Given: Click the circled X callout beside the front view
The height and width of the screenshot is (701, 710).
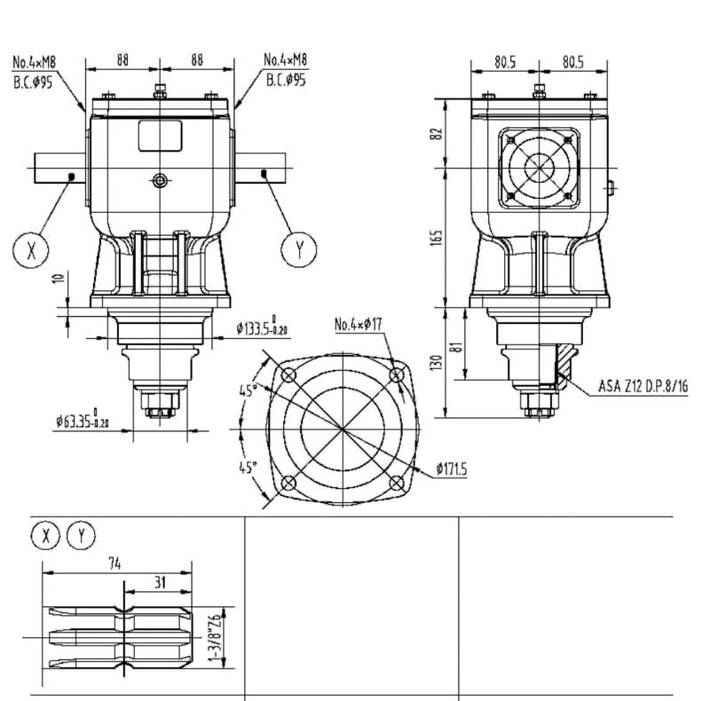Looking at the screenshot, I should pyautogui.click(x=32, y=249).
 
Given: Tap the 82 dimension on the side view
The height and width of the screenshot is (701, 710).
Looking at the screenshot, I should pyautogui.click(x=436, y=133).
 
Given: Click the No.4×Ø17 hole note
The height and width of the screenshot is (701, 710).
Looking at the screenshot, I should pyautogui.click(x=358, y=325).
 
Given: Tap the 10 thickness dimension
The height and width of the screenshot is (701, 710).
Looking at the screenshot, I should pyautogui.click(x=59, y=277).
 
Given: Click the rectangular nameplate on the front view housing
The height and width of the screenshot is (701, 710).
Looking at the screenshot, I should pyautogui.click(x=160, y=137).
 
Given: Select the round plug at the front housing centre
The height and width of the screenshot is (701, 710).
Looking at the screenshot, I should pyautogui.click(x=160, y=180).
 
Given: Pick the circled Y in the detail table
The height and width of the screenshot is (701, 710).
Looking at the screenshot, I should pyautogui.click(x=82, y=535).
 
